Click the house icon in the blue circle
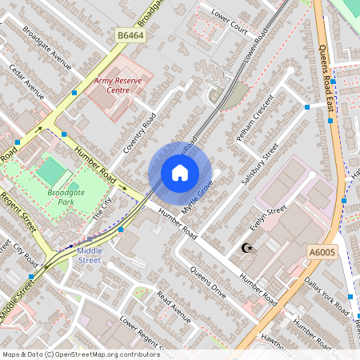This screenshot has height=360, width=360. (x=180, y=173)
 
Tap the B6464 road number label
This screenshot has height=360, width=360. (x=130, y=35)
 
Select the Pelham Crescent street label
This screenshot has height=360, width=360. (x=255, y=120)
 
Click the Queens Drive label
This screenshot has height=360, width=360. (x=209, y=282)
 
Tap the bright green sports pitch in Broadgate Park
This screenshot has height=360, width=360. (x=50, y=170)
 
